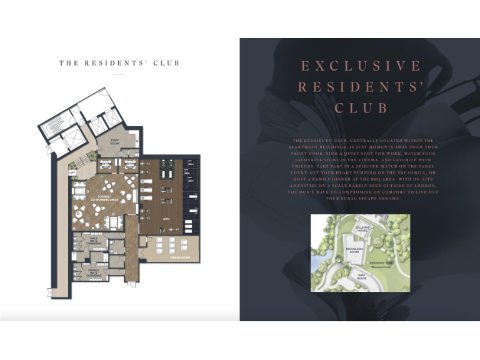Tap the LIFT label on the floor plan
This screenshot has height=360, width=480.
click(x=72, y=171)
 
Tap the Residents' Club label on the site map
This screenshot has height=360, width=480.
click(x=381, y=263)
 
